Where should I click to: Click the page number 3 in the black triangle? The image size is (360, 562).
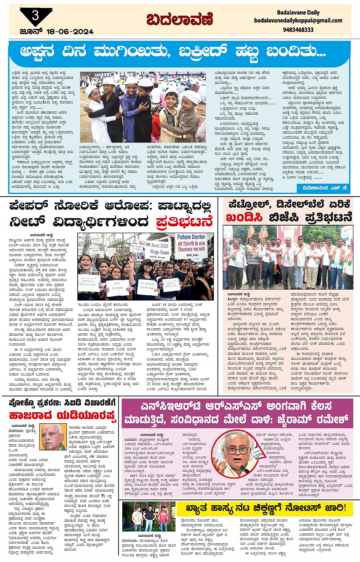(x=35, y=16)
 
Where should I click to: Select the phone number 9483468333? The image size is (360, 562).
(x=298, y=30)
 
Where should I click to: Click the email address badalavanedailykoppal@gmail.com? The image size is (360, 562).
(x=298, y=21)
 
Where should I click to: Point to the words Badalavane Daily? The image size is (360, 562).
(x=298, y=13)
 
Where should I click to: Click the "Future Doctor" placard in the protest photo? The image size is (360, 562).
(x=191, y=243)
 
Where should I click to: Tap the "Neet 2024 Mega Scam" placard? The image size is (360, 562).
(x=159, y=249)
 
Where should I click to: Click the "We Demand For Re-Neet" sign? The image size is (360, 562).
(x=148, y=285)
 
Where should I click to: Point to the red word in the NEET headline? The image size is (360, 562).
(x=184, y=221)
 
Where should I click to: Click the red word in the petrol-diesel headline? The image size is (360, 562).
(x=244, y=218)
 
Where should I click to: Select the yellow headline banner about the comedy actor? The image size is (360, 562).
(x=265, y=508)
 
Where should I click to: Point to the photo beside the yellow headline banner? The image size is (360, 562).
(x=149, y=517)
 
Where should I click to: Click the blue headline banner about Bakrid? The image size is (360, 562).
(x=179, y=52)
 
